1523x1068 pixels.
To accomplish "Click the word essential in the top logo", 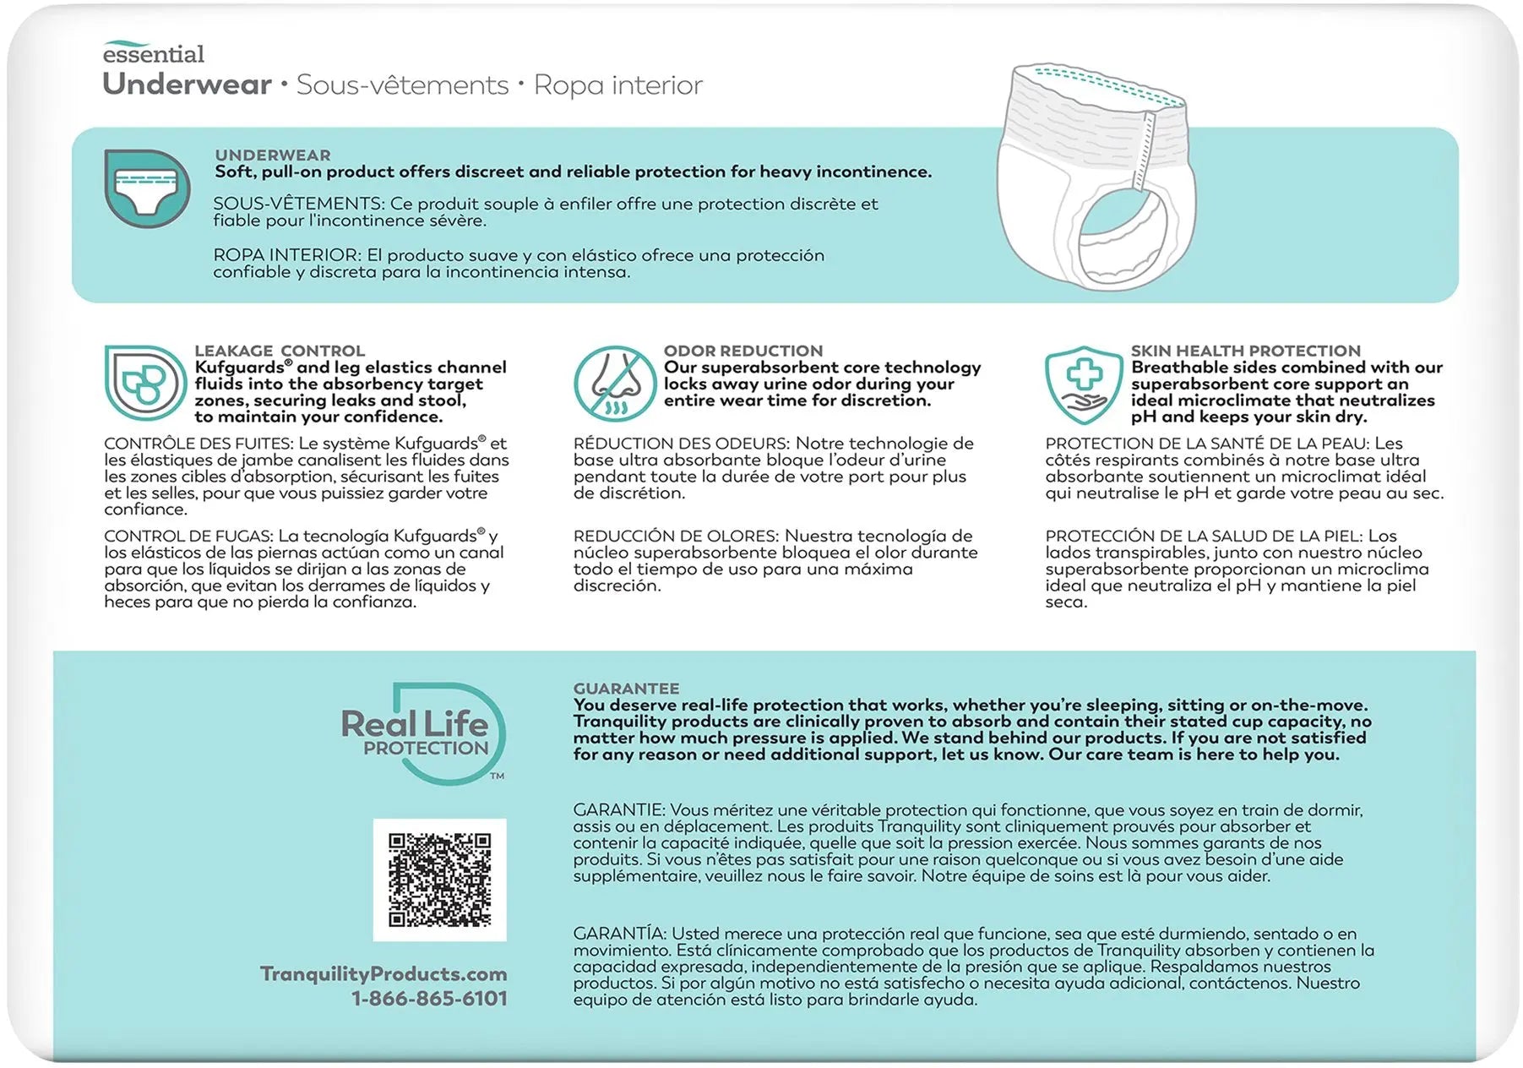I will click(153, 55).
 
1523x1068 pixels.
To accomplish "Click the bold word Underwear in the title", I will click(187, 84).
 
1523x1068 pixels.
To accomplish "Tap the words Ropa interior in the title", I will click(617, 85).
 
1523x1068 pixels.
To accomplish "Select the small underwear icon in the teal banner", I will click(147, 188).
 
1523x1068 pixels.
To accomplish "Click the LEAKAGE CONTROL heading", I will click(280, 351).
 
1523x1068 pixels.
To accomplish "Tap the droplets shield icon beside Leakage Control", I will click(144, 383).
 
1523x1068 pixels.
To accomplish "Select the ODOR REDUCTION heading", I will click(742, 351).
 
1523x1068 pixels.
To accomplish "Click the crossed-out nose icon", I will click(614, 384).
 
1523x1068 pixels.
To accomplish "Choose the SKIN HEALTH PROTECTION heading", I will click(1245, 351).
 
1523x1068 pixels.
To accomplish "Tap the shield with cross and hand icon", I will click(1084, 384).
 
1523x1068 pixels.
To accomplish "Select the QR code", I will click(439, 880).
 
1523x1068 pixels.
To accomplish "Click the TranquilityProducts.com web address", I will click(383, 973).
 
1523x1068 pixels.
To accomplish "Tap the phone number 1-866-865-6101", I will click(429, 998).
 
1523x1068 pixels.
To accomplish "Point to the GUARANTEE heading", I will click(626, 689).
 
